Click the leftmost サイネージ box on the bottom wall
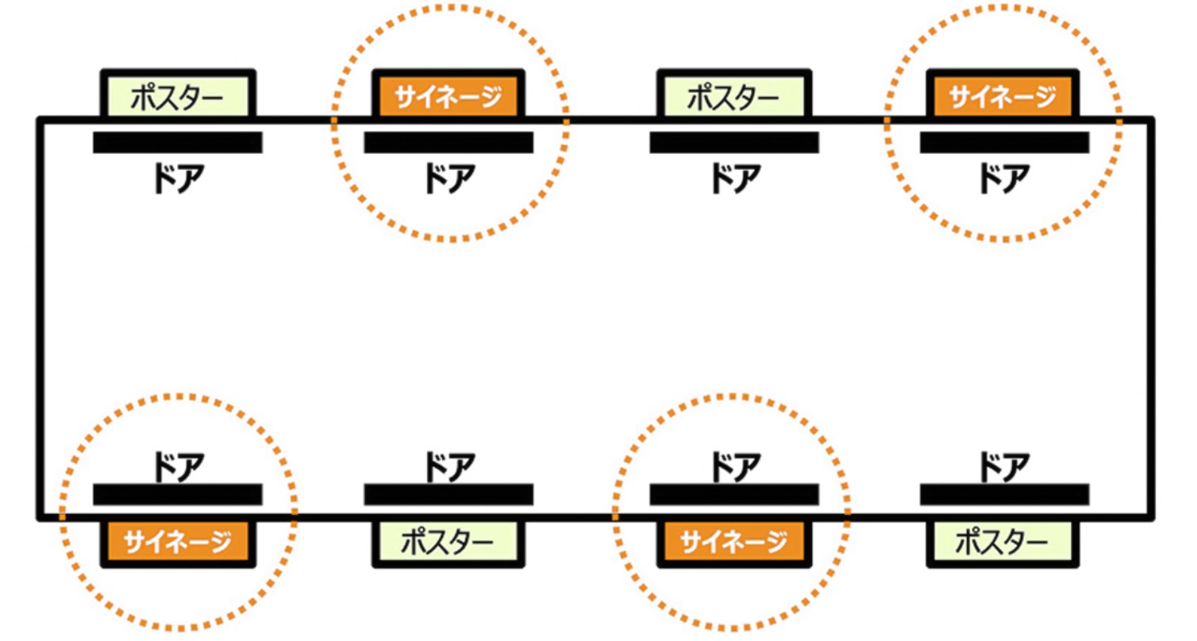177,543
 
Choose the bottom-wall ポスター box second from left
448,543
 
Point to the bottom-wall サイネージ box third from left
734,543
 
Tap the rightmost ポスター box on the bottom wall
1003,543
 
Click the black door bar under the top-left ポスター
177,143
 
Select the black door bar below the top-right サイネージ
1003,143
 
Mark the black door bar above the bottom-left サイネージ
177,494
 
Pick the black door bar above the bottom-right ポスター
1003,494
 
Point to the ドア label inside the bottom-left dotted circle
177,463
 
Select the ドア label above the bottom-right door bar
1003,463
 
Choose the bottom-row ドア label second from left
448,463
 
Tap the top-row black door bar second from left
448,143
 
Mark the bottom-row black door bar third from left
734,494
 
